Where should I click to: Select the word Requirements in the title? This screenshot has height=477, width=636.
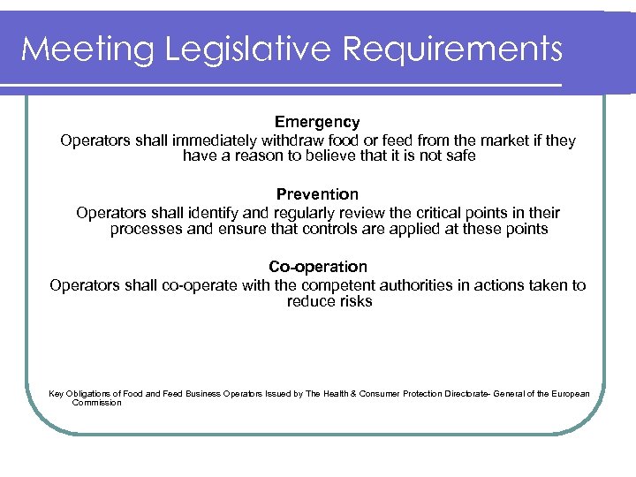pyautogui.click(x=453, y=49)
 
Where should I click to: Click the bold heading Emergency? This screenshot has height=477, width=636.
pyautogui.click(x=317, y=122)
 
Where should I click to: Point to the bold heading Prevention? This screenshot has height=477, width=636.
pyautogui.click(x=317, y=194)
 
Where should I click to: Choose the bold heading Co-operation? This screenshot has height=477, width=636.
pyautogui.click(x=317, y=267)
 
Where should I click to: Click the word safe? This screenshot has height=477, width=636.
pyautogui.click(x=458, y=156)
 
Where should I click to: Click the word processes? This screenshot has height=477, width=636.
pyautogui.click(x=147, y=229)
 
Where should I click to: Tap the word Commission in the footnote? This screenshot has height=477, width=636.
pyautogui.click(x=97, y=403)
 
